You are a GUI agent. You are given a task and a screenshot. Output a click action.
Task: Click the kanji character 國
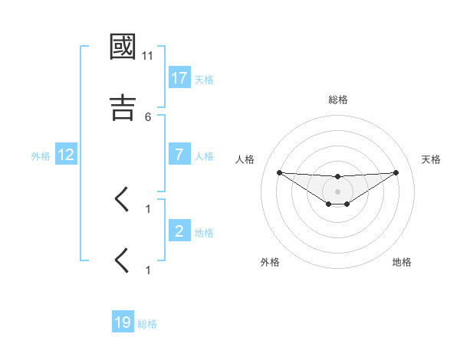(x=123, y=47)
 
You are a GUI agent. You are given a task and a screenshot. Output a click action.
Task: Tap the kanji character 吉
(x=123, y=107)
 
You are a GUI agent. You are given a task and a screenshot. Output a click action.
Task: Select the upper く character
(x=123, y=200)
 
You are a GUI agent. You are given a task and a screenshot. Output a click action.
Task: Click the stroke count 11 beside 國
(x=148, y=57)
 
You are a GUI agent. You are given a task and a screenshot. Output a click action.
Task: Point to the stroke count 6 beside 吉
(x=148, y=116)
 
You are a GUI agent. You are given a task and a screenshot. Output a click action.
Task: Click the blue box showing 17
(x=179, y=77)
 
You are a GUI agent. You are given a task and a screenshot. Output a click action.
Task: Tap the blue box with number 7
(x=179, y=155)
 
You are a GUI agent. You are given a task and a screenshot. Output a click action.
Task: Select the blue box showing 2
(x=179, y=231)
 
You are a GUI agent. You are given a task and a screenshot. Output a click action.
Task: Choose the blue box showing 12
(x=66, y=155)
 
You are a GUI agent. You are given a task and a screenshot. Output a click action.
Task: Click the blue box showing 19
(x=123, y=322)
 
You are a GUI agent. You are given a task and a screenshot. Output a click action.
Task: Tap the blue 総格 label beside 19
(x=147, y=324)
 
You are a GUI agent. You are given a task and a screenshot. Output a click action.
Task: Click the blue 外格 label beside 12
(x=41, y=155)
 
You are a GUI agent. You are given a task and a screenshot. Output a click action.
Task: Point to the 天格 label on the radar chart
(x=431, y=159)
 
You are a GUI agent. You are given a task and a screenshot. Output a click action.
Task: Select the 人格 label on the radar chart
(x=246, y=159)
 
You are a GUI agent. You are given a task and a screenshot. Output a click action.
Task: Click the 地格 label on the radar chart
(x=402, y=262)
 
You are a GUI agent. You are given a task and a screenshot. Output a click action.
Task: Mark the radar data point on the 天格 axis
(x=396, y=172)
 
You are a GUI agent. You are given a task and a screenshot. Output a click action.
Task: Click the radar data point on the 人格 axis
(x=279, y=172)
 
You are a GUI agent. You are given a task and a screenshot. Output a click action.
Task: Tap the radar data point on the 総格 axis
(x=337, y=177)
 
